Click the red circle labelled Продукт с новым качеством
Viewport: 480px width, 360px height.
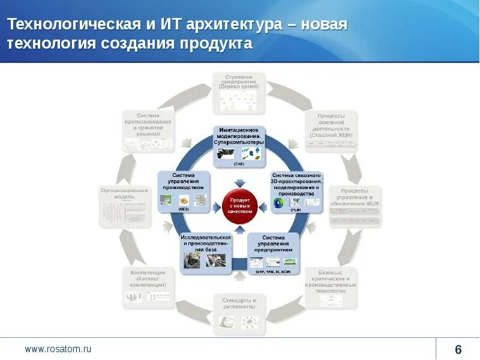pos(240,205)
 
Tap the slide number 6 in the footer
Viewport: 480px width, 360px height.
pos(458,350)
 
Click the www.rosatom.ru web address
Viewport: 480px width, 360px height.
pos(58,349)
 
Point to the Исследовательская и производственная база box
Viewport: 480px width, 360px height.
pos(206,251)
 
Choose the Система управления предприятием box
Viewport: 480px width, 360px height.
pos(273,253)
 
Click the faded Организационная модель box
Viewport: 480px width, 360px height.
pos(124,207)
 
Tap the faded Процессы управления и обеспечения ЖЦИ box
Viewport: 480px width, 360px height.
pos(355,207)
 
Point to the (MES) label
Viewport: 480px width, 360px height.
pos(184,208)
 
